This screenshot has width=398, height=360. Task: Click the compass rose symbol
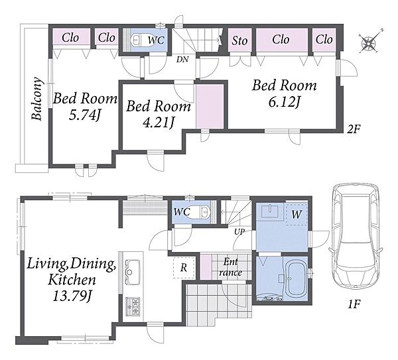point(369,42)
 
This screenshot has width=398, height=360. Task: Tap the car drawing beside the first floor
point(356,238)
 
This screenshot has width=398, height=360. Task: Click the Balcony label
point(36,98)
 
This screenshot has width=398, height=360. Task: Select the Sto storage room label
point(239,40)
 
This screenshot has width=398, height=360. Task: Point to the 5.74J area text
point(85,115)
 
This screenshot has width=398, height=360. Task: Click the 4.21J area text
point(159,123)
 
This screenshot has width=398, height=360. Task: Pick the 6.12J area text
point(285,102)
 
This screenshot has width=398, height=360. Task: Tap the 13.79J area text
point(72,296)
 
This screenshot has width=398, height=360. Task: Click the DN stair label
point(182,60)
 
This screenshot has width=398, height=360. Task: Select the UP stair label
point(239,231)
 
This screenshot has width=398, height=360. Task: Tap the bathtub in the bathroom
point(297,278)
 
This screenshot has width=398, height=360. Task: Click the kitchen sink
point(132,272)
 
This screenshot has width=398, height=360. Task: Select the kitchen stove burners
point(133,306)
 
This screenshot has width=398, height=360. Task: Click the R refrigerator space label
point(184,268)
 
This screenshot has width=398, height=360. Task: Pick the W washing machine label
point(297,215)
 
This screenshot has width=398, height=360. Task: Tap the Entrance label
point(230,267)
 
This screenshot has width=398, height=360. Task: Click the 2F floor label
point(354,129)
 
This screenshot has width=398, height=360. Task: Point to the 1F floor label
point(354,304)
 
